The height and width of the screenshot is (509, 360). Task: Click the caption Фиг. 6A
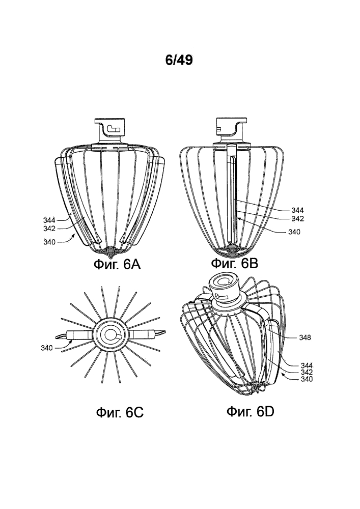(x=117, y=265)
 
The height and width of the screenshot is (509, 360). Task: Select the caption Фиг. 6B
(x=234, y=263)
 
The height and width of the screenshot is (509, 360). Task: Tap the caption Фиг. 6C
(x=120, y=413)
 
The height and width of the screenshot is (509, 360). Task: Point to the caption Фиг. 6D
(x=251, y=412)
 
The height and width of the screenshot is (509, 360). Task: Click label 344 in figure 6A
(x=50, y=220)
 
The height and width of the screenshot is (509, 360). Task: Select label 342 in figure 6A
(x=50, y=229)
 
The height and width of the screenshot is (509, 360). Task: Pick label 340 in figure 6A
(x=50, y=242)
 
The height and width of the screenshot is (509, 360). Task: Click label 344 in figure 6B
(x=297, y=210)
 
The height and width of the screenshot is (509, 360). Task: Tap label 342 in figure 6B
(x=297, y=219)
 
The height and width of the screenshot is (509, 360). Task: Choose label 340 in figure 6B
(x=294, y=232)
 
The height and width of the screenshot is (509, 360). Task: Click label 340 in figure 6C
(x=47, y=348)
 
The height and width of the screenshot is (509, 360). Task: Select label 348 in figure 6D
(x=305, y=337)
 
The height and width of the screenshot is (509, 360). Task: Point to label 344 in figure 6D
(x=307, y=366)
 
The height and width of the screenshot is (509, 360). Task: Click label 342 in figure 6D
(x=307, y=373)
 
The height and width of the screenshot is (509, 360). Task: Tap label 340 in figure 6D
(x=307, y=379)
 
